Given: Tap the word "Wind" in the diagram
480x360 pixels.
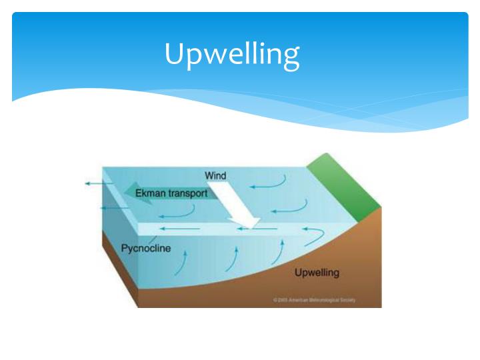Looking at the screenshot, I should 215,176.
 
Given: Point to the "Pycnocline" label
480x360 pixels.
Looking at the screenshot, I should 146,249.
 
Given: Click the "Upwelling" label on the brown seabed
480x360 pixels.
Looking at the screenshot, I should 317,272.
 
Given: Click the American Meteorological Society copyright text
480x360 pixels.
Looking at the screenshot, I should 314,300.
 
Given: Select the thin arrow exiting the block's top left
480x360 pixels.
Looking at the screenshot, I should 96,182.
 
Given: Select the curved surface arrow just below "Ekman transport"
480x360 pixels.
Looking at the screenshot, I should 179,213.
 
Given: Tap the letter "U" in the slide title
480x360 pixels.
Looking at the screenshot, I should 174,53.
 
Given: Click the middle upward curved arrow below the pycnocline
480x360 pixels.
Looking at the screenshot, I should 231,257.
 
